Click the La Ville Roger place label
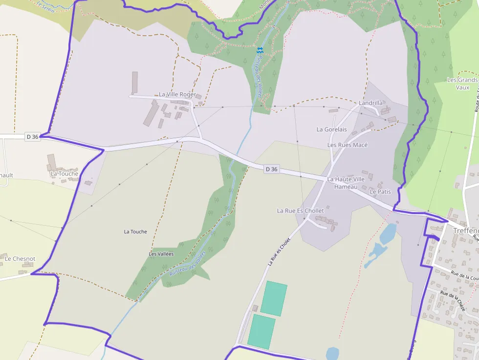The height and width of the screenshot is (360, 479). pos(177,94)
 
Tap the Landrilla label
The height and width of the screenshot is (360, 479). pos(370,103)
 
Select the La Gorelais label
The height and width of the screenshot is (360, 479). pos(331,129)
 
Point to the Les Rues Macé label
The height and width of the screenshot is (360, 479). pos(347,145)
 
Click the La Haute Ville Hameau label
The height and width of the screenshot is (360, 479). pos(346,183)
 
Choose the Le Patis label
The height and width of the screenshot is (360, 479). pos(380,192)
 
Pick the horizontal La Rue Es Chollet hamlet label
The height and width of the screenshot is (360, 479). pos(300,211)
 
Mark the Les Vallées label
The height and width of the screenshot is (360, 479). pos(161,254)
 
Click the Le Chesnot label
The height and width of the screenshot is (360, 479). pos(20,258)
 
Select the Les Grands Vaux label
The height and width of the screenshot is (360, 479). pos(462,84)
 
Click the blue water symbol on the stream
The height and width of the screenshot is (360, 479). pos(260,50)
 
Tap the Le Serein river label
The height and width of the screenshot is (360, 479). pos(45,7)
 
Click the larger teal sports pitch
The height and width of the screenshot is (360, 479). pos(274,298)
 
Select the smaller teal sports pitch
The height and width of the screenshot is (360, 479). pos(261,332)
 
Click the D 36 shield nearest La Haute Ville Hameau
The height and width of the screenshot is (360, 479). pos(272,169)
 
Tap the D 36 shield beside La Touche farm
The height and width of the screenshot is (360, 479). pos(32,137)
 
